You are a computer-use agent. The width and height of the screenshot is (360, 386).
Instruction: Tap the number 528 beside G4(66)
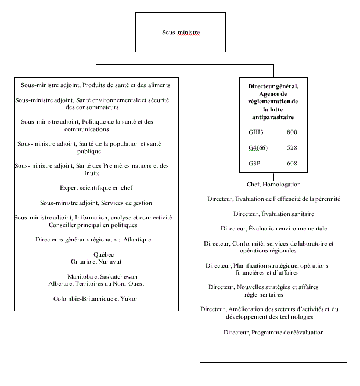[x=292, y=148]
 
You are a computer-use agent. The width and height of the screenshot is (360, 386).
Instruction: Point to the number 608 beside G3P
[x=292, y=164]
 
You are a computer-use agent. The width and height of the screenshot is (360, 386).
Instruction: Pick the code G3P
[x=254, y=164]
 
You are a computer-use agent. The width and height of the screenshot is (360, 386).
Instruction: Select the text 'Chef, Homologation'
[x=273, y=185]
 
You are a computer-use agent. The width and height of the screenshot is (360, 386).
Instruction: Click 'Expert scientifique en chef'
[x=95, y=188]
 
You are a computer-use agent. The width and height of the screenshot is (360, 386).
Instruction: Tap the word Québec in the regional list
[x=104, y=254]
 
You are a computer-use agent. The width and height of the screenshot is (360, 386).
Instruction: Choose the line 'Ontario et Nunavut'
[x=96, y=262]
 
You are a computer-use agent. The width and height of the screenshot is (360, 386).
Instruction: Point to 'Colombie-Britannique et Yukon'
[x=96, y=298]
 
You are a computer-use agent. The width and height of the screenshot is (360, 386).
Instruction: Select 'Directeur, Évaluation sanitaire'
[x=273, y=214]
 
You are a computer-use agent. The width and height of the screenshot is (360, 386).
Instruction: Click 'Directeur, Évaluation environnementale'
[x=273, y=228]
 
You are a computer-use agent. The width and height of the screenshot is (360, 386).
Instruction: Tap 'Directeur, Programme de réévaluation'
[x=273, y=332]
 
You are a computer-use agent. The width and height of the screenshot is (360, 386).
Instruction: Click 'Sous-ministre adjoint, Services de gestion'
[x=96, y=203]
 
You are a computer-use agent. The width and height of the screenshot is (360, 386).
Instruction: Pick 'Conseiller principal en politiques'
[x=93, y=225]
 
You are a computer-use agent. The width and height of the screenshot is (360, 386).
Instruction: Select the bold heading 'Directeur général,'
[x=273, y=86]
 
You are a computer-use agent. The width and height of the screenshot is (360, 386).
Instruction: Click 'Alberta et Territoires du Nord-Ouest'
[x=96, y=284]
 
